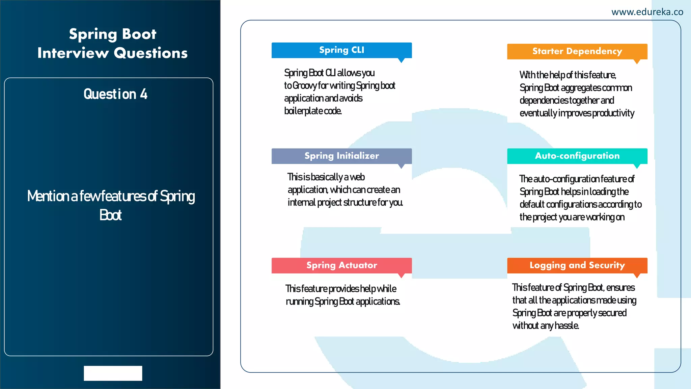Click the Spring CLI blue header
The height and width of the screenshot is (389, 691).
click(x=341, y=50)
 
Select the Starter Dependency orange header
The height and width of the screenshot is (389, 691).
click(x=577, y=51)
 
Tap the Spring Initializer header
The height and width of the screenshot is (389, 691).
click(x=341, y=156)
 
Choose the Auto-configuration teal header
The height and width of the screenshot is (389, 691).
click(x=577, y=156)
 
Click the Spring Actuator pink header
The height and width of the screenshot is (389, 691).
click(x=341, y=265)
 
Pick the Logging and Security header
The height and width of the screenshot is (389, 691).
click(x=577, y=265)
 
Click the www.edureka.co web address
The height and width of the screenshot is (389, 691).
click(x=647, y=12)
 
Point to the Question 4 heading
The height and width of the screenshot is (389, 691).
click(x=115, y=94)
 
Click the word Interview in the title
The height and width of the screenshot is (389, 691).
click(x=73, y=53)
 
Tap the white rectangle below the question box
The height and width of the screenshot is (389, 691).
click(x=113, y=373)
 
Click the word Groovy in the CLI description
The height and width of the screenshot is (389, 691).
click(x=304, y=86)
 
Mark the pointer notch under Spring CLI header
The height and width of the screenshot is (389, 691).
click(x=401, y=60)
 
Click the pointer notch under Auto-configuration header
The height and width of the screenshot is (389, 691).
click(x=637, y=166)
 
